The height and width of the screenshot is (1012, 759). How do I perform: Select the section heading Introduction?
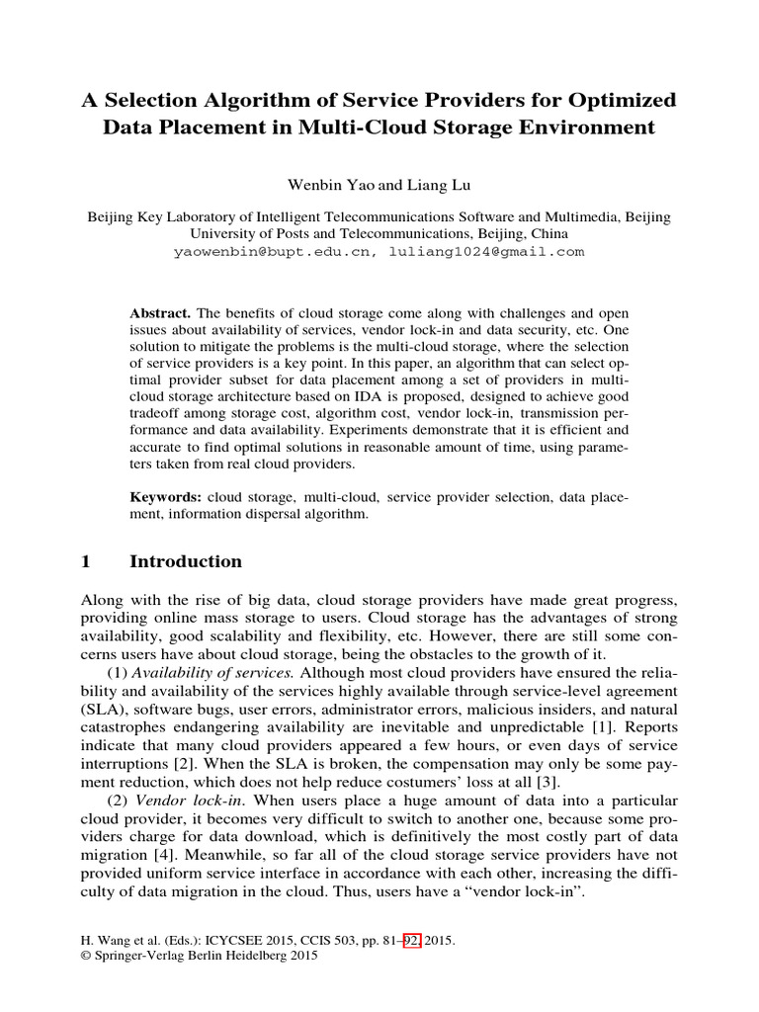point(186,561)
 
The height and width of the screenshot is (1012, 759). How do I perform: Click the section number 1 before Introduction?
point(85,561)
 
